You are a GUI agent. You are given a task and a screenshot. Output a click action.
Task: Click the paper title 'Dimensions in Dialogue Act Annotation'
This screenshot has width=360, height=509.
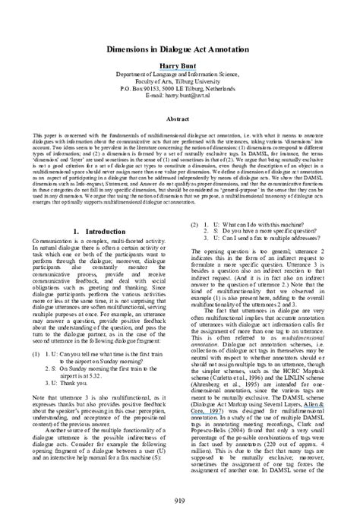179,47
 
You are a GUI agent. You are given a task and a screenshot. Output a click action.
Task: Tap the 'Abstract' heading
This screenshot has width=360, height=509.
179,119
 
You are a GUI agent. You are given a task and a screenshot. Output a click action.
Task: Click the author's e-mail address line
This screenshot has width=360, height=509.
179,98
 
